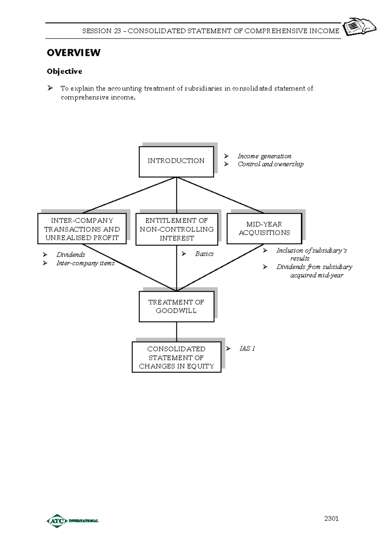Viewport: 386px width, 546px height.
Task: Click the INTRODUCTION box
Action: [x=176, y=161]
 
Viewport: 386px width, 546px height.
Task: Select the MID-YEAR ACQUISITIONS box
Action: [x=264, y=228]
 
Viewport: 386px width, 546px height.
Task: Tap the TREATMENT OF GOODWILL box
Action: [x=176, y=306]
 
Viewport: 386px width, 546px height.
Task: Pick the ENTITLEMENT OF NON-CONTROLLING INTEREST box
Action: [x=177, y=229]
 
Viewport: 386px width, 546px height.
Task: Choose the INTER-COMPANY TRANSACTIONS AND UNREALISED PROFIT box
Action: [x=82, y=229]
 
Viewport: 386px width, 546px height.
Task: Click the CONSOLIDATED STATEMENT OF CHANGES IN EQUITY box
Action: [x=176, y=357]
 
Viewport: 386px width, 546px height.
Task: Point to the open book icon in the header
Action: [x=359, y=26]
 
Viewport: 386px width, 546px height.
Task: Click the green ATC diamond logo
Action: [x=57, y=521]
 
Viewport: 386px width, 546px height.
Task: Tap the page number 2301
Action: [x=331, y=518]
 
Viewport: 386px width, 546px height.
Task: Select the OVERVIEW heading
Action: [x=74, y=53]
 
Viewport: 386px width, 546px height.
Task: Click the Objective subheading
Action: [x=64, y=71]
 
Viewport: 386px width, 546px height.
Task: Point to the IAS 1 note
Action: [x=247, y=349]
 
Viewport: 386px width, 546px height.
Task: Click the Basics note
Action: [x=204, y=254]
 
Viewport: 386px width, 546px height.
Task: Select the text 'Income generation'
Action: [x=264, y=156]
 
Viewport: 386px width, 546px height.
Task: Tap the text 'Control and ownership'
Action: [x=271, y=164]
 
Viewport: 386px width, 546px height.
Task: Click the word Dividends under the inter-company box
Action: [x=71, y=255]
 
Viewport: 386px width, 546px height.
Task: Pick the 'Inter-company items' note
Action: [x=85, y=263]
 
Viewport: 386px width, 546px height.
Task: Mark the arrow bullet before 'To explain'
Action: [x=50, y=88]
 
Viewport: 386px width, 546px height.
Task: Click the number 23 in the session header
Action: [x=117, y=31]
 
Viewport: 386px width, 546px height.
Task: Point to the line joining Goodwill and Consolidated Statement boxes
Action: [x=177, y=332]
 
